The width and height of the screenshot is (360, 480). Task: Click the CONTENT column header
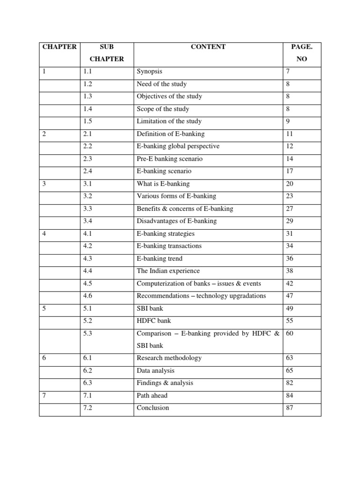pyautogui.click(x=208, y=47)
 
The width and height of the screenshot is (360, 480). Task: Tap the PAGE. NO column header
pyautogui.click(x=301, y=53)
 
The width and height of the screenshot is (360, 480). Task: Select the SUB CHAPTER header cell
pyautogui.click(x=107, y=53)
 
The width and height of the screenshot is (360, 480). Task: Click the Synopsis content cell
pyautogui.click(x=150, y=72)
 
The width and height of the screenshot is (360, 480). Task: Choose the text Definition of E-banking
pyautogui.click(x=171, y=134)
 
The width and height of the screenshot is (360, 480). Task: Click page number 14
pyautogui.click(x=289, y=159)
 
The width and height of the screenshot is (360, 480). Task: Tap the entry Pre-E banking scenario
pyautogui.click(x=170, y=159)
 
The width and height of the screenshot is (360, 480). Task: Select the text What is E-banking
pyautogui.click(x=163, y=184)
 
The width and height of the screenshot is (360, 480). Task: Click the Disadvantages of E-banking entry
pyautogui.click(x=177, y=221)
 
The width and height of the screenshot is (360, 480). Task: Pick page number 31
pyautogui.click(x=289, y=233)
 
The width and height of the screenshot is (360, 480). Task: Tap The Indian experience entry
pyautogui.click(x=168, y=271)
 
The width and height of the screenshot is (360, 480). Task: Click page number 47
pyautogui.click(x=289, y=296)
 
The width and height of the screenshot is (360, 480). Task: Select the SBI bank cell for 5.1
pyautogui.click(x=150, y=308)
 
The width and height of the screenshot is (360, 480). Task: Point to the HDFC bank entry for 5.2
pyautogui.click(x=154, y=321)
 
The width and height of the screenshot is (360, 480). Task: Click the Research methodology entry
pyautogui.click(x=169, y=358)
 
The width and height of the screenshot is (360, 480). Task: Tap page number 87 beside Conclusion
pyautogui.click(x=289, y=408)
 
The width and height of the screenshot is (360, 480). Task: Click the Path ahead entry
pyautogui.click(x=152, y=396)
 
